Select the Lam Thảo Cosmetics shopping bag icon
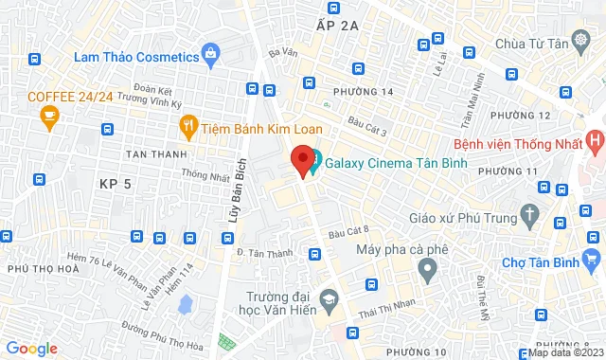pos(213,56)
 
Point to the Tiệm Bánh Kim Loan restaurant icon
pos(188,127)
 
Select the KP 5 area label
pos(114,183)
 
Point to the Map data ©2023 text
pos(564,352)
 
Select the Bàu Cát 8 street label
pos(348,233)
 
